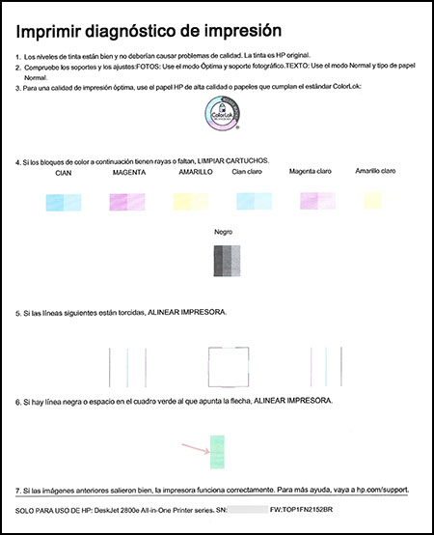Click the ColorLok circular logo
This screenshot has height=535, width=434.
[223, 115]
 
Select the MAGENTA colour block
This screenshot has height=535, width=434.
[128, 201]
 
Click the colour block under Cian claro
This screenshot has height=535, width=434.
[253, 200]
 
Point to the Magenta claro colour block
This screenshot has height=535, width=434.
[315, 200]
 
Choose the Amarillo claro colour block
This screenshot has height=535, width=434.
[373, 200]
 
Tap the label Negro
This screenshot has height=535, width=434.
[224, 233]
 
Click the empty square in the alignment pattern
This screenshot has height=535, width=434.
[224, 368]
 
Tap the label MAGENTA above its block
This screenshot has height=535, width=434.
[128, 171]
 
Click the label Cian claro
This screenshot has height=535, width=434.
[252, 171]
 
